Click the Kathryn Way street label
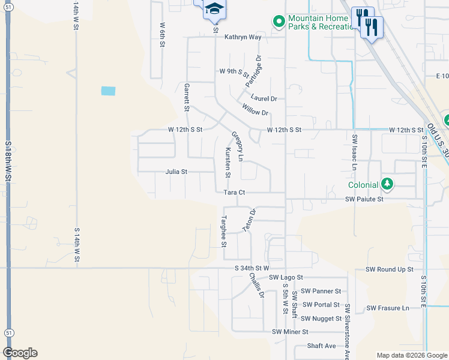pos(243,37)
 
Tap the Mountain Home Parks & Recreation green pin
pos(279,22)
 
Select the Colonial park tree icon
pos(387,184)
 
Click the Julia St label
pos(176,172)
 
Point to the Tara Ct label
pos(235,193)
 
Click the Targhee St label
pos(223,231)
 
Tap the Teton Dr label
pos(249,220)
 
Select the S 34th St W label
pos(253,268)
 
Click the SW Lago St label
pos(286,278)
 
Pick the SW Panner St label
pos(321,291)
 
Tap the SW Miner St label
pos(290,332)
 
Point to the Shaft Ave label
pos(321,346)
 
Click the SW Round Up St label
pos(390,270)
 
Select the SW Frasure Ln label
pos(388,308)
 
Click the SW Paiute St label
pos(364,199)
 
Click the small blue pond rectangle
pos(108,91)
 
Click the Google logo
pos(20,353)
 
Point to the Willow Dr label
pos(255,109)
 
